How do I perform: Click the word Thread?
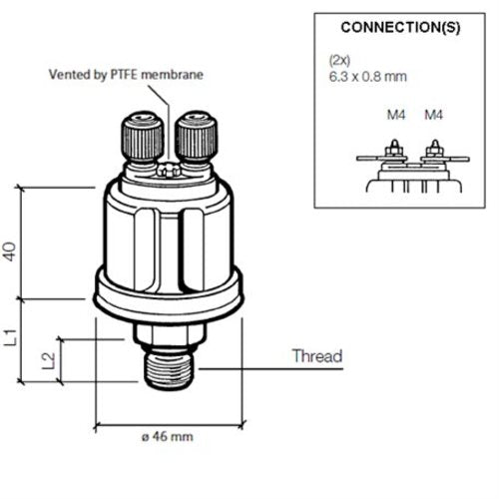click(x=316, y=356)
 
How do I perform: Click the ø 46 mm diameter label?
click(x=166, y=437)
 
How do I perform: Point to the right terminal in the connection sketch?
click(x=434, y=153)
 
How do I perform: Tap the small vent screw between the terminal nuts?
click(x=170, y=169)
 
